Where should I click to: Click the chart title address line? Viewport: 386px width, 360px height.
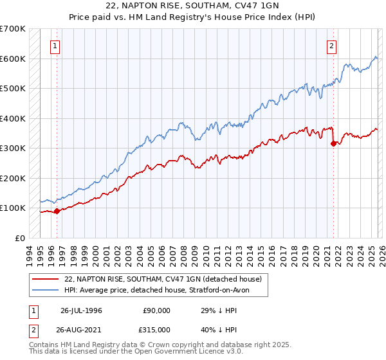click(193, 6)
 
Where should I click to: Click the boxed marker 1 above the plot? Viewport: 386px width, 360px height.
click(56, 46)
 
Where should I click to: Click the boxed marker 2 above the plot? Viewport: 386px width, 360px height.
click(332, 46)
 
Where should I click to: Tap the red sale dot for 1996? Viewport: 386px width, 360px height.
click(57, 211)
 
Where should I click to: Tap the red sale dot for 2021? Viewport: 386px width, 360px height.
click(333, 144)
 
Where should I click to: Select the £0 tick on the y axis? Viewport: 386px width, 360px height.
click(21, 238)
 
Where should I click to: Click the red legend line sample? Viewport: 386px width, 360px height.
click(46, 280)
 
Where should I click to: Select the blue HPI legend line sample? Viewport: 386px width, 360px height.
click(46, 291)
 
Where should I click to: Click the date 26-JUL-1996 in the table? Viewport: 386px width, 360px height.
click(81, 310)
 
